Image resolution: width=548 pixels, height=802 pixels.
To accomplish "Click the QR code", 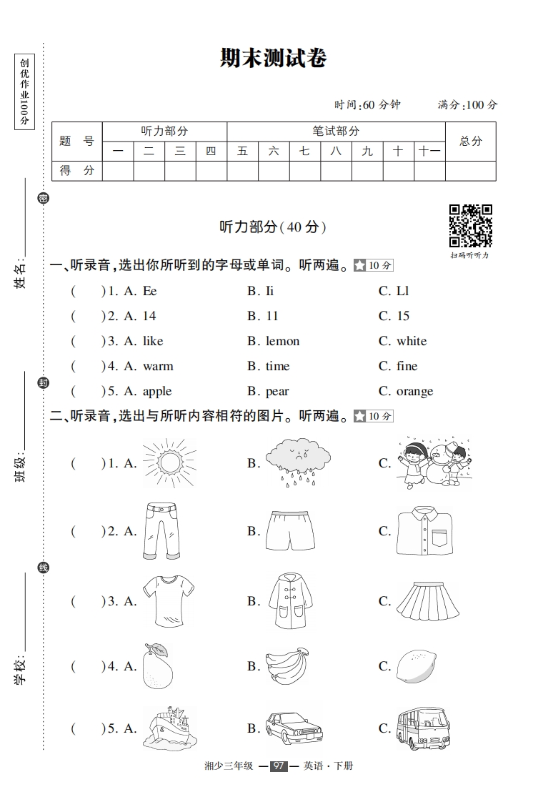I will click(x=470, y=225).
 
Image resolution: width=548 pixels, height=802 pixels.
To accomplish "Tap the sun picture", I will click(x=169, y=463).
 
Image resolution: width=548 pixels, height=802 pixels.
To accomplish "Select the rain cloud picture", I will click(x=297, y=462).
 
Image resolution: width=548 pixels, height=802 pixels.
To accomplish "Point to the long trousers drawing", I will click(x=161, y=531).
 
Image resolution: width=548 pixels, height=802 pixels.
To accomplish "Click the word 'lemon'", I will click(x=282, y=341).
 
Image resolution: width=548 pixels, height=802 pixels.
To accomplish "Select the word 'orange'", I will click(x=414, y=391).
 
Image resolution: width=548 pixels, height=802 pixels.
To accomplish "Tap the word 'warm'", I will click(x=158, y=366).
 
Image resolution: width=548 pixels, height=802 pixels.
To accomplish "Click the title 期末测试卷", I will click(x=274, y=58).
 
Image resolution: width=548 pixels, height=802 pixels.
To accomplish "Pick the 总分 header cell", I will click(x=470, y=142).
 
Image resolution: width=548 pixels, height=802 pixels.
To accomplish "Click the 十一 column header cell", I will click(x=429, y=152).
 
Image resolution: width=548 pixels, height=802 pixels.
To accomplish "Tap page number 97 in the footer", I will click(x=279, y=766).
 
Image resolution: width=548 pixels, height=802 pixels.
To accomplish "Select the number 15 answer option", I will click(x=403, y=316).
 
